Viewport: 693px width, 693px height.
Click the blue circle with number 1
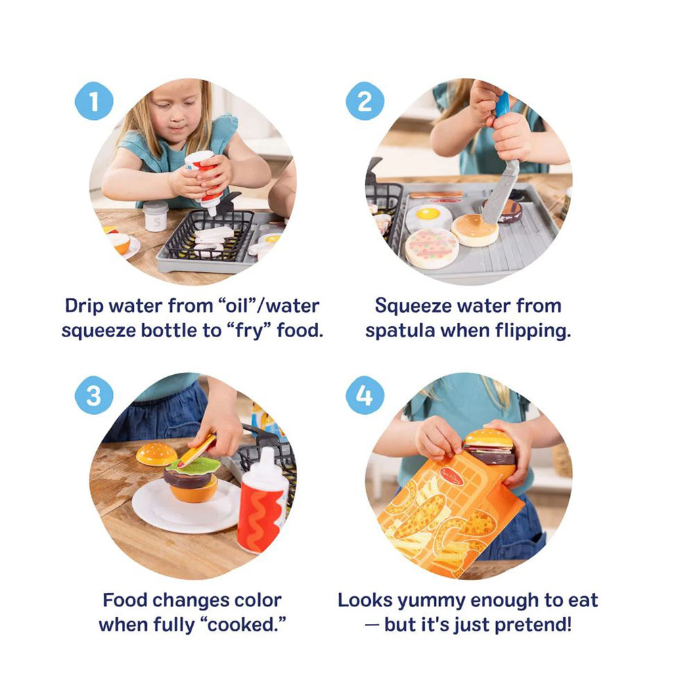click(x=93, y=102)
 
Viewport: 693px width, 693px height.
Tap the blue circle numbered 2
click(x=365, y=102)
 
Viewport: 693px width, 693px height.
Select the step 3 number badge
click(x=93, y=396)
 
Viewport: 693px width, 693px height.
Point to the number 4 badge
click(x=365, y=396)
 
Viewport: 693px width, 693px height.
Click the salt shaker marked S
click(x=155, y=216)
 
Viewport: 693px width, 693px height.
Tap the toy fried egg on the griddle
click(x=429, y=217)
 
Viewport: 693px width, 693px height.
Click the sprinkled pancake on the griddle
click(x=431, y=248)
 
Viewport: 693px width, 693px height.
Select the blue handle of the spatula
click(x=501, y=105)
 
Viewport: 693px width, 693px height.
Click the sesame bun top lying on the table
click(x=156, y=453)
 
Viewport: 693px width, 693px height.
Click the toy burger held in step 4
click(x=489, y=446)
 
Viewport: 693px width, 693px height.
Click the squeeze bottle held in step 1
click(x=206, y=179)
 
